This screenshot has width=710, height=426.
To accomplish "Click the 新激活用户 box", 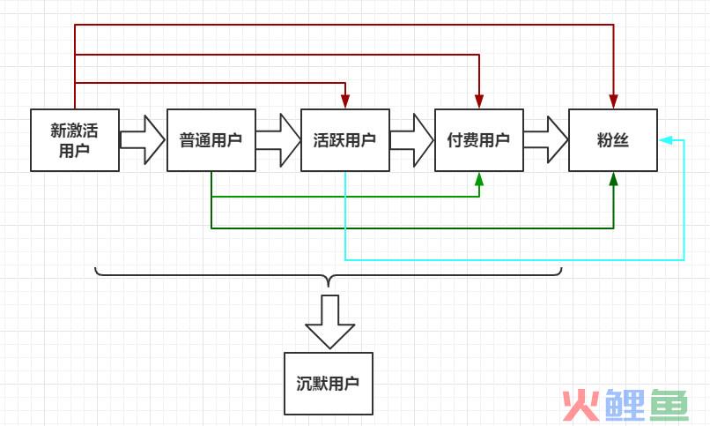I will (x=75, y=139).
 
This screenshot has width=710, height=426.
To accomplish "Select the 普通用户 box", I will (x=211, y=139).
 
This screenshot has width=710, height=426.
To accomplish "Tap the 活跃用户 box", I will (x=344, y=139).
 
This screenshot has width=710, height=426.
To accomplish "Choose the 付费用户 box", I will (x=478, y=139).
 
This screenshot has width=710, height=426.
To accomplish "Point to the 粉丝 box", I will (x=612, y=139).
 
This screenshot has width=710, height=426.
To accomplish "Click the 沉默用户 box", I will (x=328, y=384).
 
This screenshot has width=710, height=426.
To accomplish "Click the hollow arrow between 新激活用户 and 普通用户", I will (x=143, y=139).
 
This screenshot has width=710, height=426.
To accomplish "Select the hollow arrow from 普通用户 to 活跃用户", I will (x=278, y=139).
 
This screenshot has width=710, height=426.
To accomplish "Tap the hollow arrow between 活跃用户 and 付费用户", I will (x=412, y=139).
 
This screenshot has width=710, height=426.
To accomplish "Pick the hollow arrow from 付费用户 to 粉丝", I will (x=546, y=139).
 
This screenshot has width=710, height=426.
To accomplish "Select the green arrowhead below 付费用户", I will (x=478, y=178).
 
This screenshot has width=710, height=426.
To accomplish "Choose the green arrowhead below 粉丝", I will (x=613, y=178).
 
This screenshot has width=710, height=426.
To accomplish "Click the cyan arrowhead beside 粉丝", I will (x=665, y=139).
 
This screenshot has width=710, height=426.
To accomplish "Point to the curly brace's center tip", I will (x=329, y=285).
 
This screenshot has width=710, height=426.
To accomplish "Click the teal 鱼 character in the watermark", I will (x=670, y=404).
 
